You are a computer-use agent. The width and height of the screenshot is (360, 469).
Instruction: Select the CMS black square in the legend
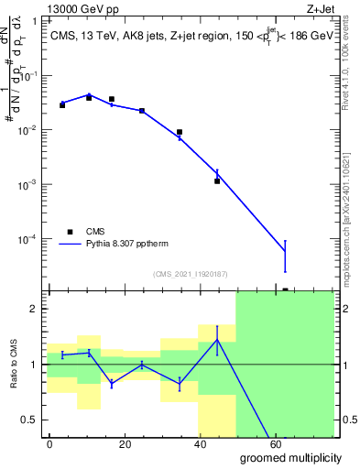pos(71,232)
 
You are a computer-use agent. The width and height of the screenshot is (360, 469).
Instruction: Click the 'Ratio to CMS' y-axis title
pos(13,364)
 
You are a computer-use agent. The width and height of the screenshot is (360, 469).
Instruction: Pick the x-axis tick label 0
pos(49,442)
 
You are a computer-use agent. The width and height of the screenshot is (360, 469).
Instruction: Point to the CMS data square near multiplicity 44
pos(217,181)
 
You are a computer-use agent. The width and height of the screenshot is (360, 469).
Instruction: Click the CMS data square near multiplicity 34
pos(180,132)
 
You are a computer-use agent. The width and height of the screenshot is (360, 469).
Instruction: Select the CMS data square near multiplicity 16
pos(112,99)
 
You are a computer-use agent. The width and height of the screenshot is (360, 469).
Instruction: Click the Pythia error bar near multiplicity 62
pos(285,256)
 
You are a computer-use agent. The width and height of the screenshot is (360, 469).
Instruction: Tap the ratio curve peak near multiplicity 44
pos(217,340)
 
